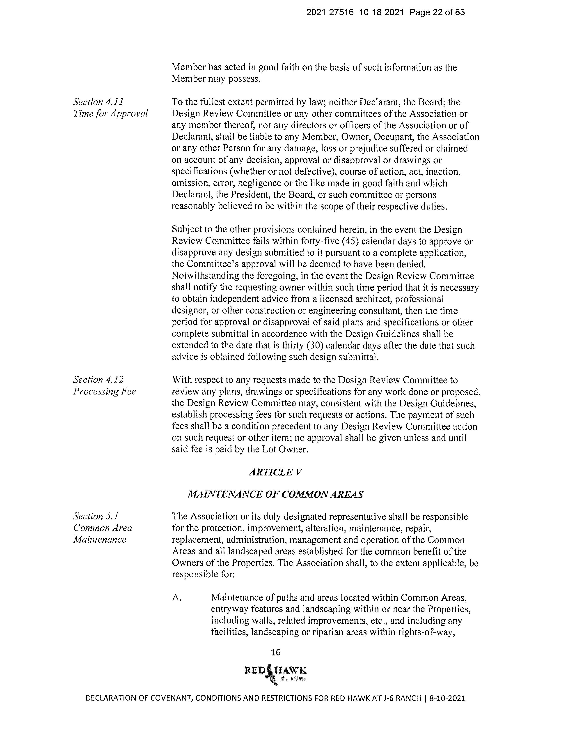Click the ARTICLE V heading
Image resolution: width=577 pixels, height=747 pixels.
click(x=275, y=472)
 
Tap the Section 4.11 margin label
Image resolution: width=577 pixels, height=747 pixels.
click(x=98, y=102)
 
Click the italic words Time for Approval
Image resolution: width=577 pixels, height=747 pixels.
click(x=110, y=113)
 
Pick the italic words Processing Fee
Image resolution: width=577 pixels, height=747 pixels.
click(x=104, y=391)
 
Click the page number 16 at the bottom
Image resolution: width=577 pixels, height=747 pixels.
click(x=275, y=652)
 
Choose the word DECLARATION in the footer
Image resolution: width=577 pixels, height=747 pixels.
click(x=111, y=699)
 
